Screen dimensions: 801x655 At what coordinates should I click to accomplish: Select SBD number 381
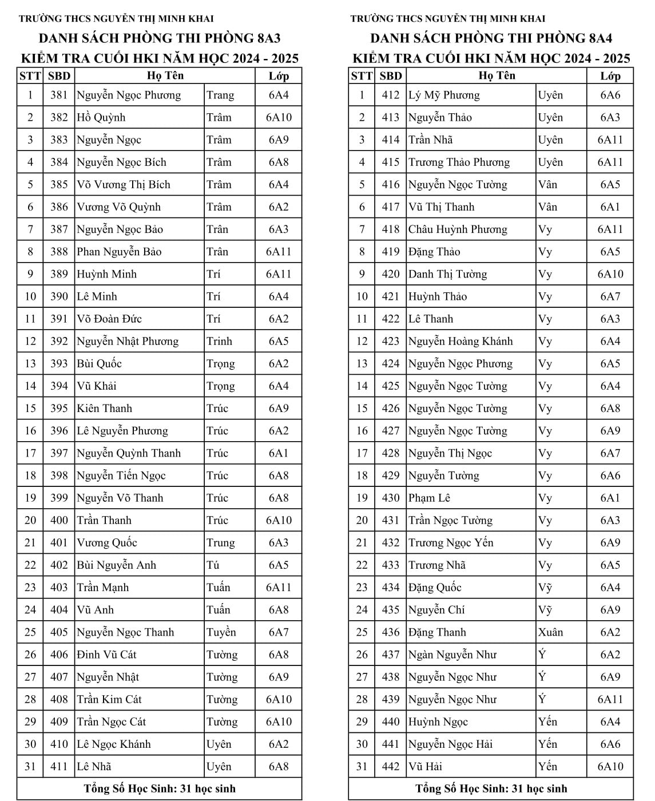click(59, 96)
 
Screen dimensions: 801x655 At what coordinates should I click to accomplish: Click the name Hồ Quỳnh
click(101, 118)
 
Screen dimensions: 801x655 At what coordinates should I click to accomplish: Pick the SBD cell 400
click(59, 521)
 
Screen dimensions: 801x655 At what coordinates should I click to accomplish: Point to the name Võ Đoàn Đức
click(109, 319)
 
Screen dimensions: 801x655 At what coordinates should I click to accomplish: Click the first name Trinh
click(219, 342)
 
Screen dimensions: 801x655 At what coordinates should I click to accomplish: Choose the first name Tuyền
click(221, 632)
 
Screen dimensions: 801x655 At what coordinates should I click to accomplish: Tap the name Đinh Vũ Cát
click(107, 655)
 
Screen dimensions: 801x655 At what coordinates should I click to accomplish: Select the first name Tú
click(213, 565)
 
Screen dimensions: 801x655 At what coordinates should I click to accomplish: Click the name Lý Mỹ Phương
click(444, 96)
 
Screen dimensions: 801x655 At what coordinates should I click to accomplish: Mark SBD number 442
click(391, 767)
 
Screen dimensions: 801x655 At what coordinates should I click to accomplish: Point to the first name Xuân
click(550, 632)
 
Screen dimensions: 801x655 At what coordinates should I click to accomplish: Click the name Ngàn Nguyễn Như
click(452, 655)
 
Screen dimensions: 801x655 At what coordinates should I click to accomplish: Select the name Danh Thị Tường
click(448, 275)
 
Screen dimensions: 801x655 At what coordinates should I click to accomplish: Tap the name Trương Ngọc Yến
click(451, 543)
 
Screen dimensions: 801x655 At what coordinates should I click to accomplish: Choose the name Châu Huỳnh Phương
click(458, 230)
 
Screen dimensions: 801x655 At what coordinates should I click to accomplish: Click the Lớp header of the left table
click(279, 76)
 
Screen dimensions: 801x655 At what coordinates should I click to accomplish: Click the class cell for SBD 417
click(610, 207)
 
